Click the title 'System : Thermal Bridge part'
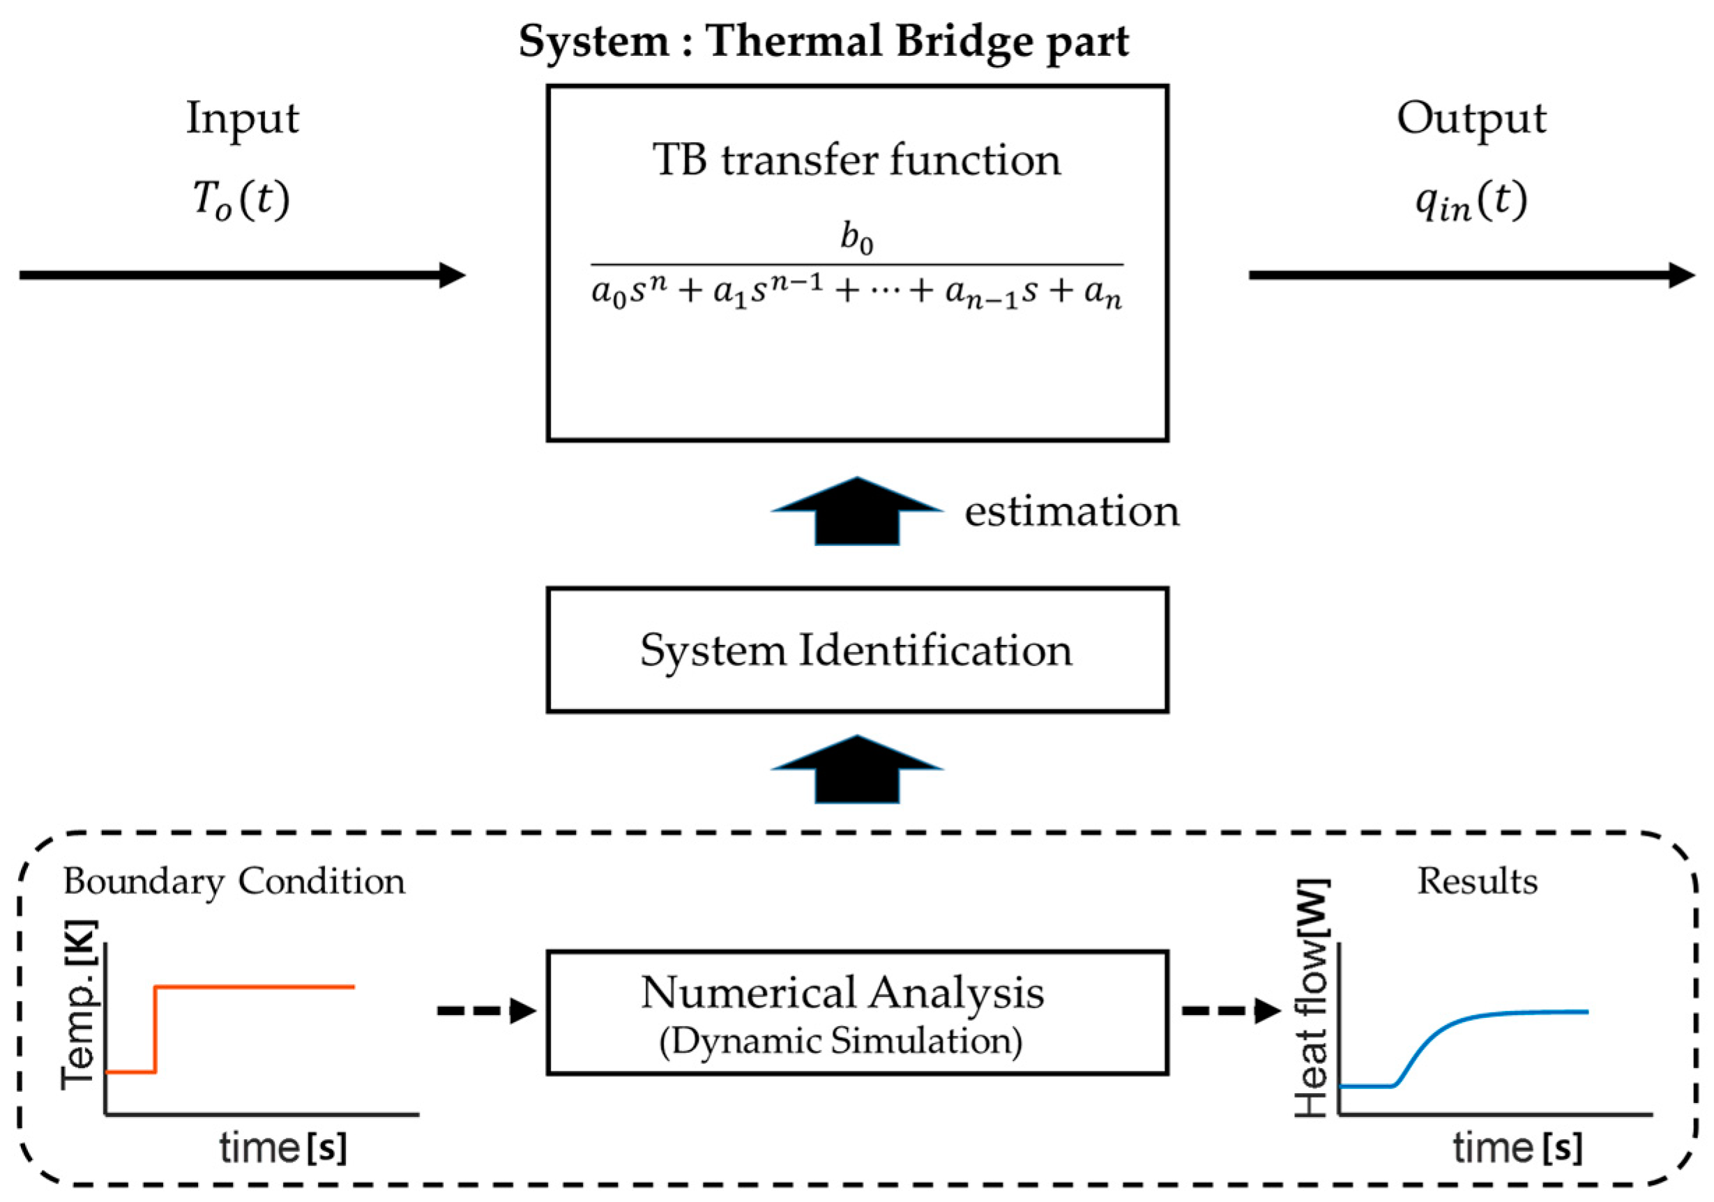[824, 41]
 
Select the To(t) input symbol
[241, 200]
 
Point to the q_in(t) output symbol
[1471, 201]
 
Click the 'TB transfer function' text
[856, 160]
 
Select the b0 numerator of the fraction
[856, 239]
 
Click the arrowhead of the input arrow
[453, 275]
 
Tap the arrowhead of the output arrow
[1681, 275]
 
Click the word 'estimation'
[1071, 512]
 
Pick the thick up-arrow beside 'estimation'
[856, 512]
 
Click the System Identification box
[856, 651]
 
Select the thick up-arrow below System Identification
[856, 770]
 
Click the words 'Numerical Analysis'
[842, 994]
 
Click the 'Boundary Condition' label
[234, 883]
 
